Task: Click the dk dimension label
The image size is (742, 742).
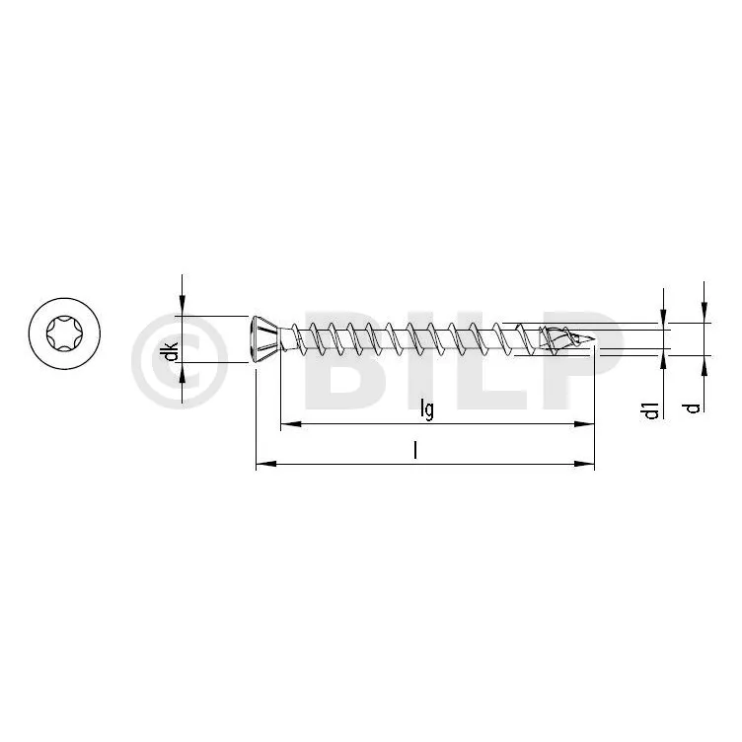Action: (173, 351)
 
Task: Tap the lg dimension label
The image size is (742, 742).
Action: (427, 409)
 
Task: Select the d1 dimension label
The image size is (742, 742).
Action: (651, 409)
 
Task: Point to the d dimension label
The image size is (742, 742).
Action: (694, 408)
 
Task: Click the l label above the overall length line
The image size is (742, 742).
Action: (415, 450)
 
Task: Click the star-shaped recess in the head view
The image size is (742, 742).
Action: (64, 334)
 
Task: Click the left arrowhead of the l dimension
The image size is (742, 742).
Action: (266, 464)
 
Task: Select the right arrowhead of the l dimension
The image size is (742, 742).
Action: (584, 464)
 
